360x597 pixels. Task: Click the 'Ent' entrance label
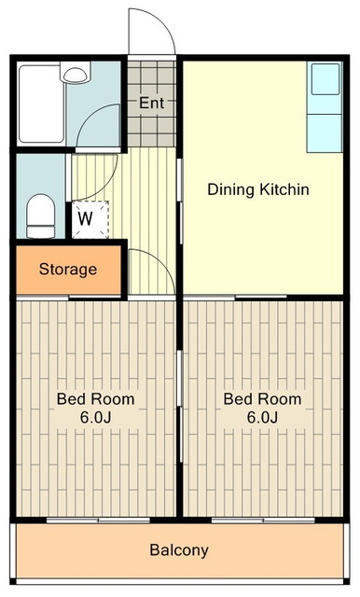coord(151,103)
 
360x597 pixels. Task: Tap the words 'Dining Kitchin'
coord(258,189)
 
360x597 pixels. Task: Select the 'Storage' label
coord(68,270)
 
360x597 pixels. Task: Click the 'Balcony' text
coord(179,550)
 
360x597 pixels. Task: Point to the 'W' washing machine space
coord(86,218)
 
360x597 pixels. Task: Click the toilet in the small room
coord(40,215)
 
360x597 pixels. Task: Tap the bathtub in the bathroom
coord(41,104)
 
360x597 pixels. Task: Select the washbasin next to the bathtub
coord(75,73)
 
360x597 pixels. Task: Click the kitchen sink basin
coord(325,79)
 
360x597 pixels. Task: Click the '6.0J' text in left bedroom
coord(95,418)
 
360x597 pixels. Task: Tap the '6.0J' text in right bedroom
coord(262,418)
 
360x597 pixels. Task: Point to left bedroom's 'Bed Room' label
coord(95,399)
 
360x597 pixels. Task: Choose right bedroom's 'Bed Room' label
coord(263,399)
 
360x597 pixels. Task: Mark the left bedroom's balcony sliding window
coord(98,521)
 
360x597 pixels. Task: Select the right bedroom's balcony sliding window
coord(263,521)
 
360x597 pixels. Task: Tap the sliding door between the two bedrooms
coord(180,407)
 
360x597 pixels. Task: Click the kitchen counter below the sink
coord(325,132)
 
